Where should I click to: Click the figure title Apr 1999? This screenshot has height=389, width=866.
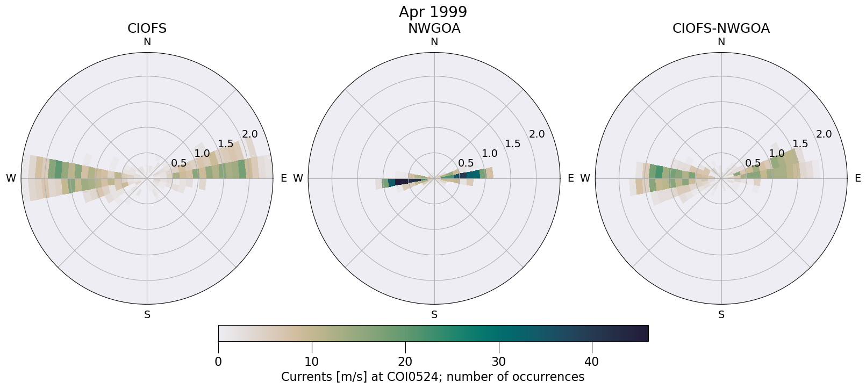(433, 12)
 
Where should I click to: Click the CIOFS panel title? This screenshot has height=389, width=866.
(147, 28)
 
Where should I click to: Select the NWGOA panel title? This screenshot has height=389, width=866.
(434, 28)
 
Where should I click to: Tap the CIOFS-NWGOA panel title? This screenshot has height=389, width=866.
(721, 28)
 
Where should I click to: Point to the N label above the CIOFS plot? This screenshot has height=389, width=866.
(147, 42)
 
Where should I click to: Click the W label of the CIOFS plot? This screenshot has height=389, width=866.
(11, 178)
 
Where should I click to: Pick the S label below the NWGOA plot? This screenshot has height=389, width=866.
(434, 315)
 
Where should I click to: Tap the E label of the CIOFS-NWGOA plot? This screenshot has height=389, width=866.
(857, 178)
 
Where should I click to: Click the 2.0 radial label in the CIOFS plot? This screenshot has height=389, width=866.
(249, 134)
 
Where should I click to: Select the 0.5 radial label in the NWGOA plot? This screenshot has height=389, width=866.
(466, 163)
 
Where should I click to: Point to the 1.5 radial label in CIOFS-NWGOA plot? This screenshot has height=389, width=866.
(800, 143)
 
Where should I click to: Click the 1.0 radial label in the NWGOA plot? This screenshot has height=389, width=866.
(489, 154)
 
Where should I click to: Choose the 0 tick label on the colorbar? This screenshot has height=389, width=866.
(218, 362)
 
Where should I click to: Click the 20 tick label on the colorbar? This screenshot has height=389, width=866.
(405, 362)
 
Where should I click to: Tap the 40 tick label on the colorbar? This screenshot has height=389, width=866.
(591, 362)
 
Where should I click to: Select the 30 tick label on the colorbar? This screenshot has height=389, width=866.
(498, 362)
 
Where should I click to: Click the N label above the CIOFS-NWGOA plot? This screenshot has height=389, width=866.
(721, 42)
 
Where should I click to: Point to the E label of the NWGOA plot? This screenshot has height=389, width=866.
(570, 178)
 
